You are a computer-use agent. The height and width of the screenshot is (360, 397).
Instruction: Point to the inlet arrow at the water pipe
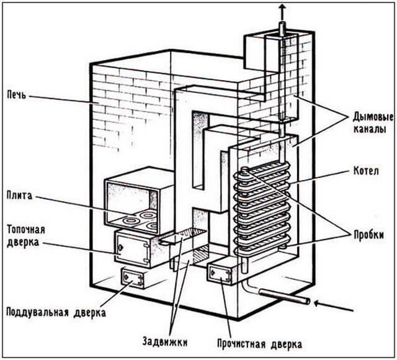pos(335,304)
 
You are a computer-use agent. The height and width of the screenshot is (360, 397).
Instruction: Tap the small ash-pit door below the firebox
pos(133,277)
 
